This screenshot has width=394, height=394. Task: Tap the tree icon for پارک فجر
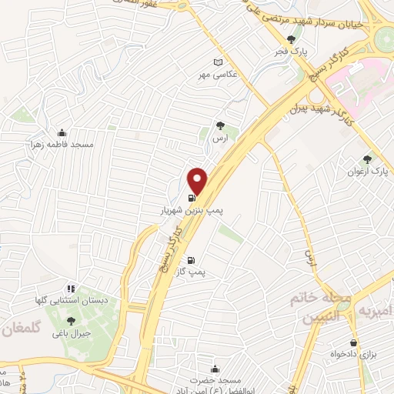290,40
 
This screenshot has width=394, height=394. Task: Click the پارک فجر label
292,52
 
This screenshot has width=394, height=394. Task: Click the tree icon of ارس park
221,124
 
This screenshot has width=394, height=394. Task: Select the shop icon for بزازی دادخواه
353,343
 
